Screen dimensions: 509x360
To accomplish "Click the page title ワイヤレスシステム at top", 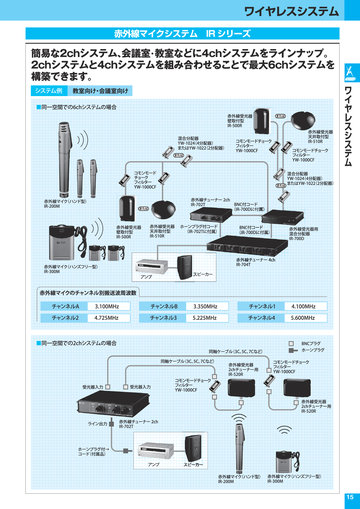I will coord(291,11).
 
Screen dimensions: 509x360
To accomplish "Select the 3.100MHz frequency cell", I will coord(108,305).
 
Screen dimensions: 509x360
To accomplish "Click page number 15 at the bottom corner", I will coord(349,499).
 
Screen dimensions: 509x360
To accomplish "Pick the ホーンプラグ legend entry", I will coord(310,350).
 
